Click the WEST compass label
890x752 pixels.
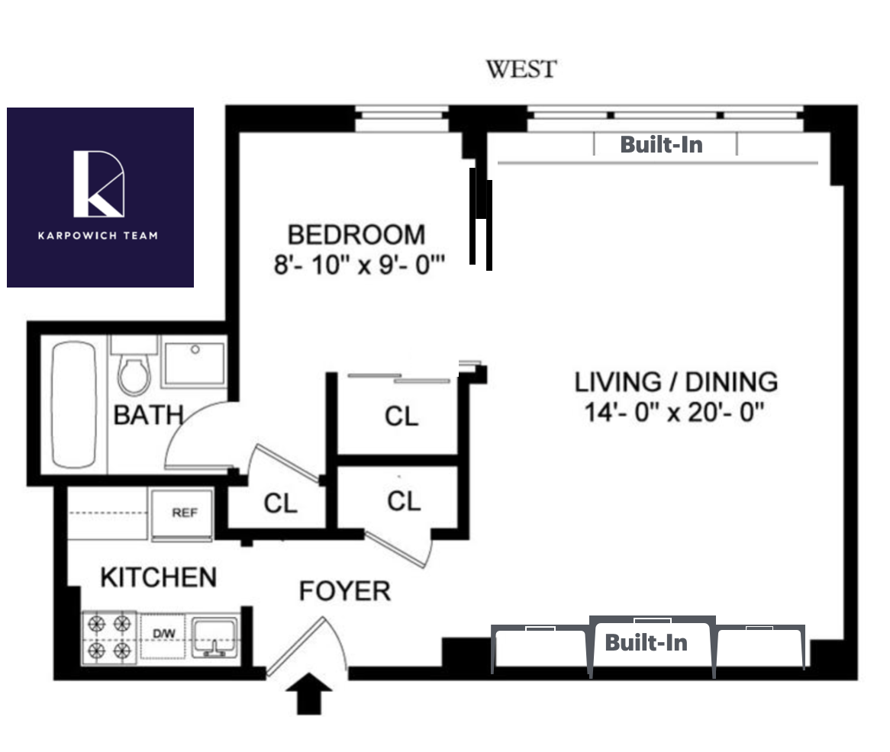(521, 69)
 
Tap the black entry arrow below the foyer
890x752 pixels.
(309, 693)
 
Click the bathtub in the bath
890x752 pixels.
(74, 404)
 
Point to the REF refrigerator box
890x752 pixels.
(182, 514)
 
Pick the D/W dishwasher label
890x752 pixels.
(163, 633)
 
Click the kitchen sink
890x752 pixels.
(214, 638)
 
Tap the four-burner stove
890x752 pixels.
(109, 637)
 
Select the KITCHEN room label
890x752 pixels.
(158, 578)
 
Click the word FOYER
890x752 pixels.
(345, 591)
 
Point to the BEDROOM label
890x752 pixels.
(356, 235)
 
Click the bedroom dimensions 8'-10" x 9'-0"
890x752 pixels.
(360, 265)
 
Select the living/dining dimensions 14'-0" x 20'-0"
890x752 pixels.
(674, 413)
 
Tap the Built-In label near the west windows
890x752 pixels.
(661, 145)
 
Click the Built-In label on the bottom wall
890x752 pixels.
(646, 642)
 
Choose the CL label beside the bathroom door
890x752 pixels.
(280, 503)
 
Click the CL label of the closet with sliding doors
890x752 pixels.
(401, 416)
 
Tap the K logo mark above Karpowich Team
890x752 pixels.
(98, 184)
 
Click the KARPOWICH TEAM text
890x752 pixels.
(98, 236)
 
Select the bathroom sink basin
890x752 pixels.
(194, 362)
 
